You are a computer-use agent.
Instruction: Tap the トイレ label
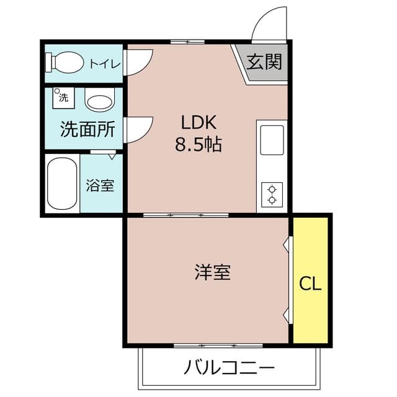point(101,63)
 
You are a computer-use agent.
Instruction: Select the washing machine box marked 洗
point(63,97)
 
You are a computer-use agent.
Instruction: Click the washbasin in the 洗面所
point(99,101)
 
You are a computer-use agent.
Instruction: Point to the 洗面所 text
point(87,130)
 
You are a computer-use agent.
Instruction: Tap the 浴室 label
point(100,185)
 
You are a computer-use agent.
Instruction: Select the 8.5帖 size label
point(198,146)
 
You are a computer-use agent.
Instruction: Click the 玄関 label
point(264,62)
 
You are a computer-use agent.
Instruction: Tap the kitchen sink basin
point(272,140)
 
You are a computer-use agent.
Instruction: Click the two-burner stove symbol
point(272,194)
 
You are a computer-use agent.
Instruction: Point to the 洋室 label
point(212,272)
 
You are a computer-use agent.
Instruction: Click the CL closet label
point(310,284)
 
